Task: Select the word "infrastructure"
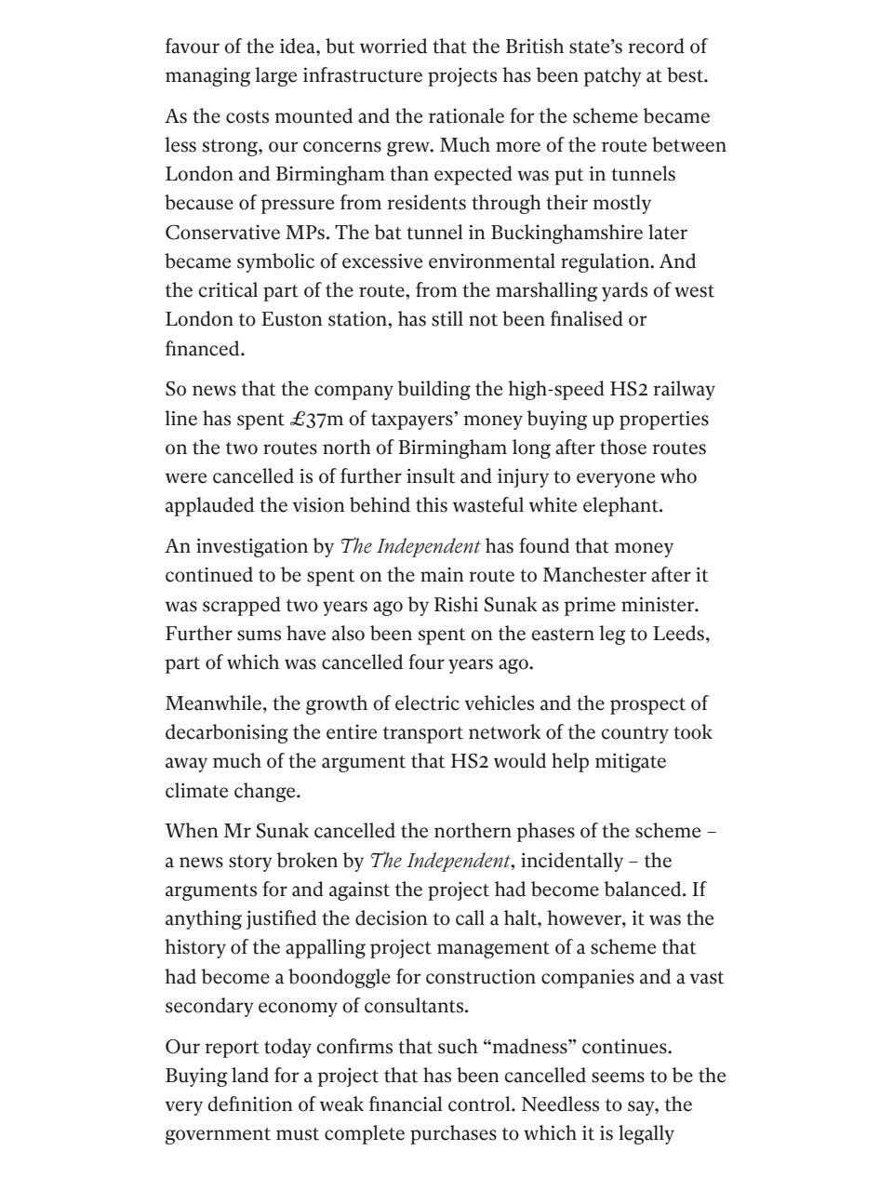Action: (x=358, y=75)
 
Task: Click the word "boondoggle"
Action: (x=343, y=978)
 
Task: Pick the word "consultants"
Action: (x=417, y=1007)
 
